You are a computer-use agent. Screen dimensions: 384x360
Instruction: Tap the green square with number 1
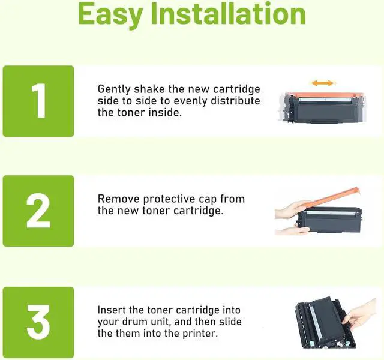click(x=38, y=101)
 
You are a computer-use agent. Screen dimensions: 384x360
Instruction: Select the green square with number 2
click(x=38, y=211)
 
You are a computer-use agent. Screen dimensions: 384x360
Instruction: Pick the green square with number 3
click(x=38, y=322)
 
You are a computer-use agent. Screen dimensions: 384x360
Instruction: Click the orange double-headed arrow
click(x=323, y=83)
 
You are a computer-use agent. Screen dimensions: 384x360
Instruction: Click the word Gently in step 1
click(x=114, y=89)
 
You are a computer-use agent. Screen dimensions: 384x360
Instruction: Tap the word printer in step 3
click(x=200, y=334)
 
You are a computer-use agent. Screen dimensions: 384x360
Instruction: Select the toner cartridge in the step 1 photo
click(x=323, y=107)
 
